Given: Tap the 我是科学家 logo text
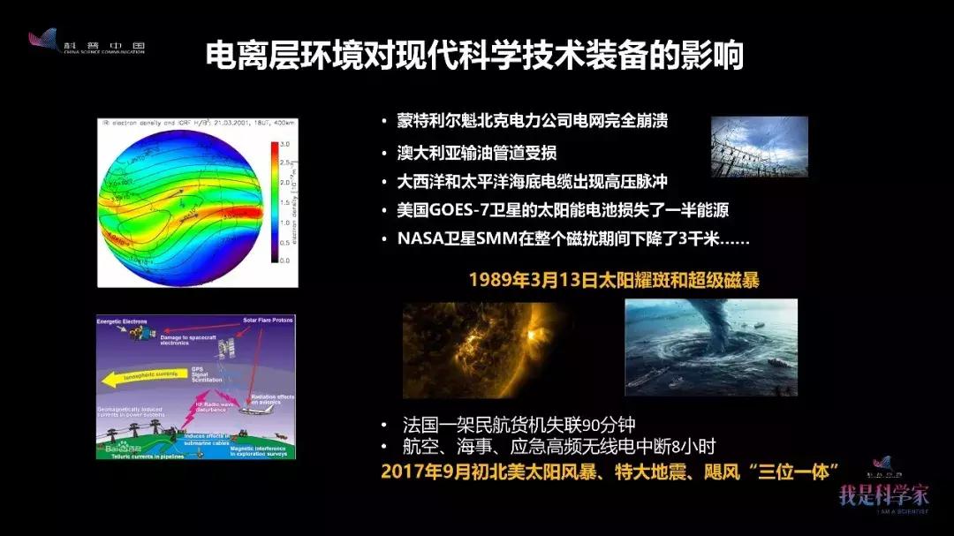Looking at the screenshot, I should (x=883, y=494).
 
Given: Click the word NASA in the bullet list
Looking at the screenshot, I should (x=418, y=239).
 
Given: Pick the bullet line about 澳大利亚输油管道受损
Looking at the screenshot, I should (x=477, y=152).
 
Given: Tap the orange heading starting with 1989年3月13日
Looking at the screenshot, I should (x=614, y=280).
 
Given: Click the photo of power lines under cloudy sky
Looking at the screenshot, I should (x=760, y=146).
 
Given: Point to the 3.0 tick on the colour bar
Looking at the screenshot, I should (x=285, y=143).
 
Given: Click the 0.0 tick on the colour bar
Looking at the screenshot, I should (x=285, y=260).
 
